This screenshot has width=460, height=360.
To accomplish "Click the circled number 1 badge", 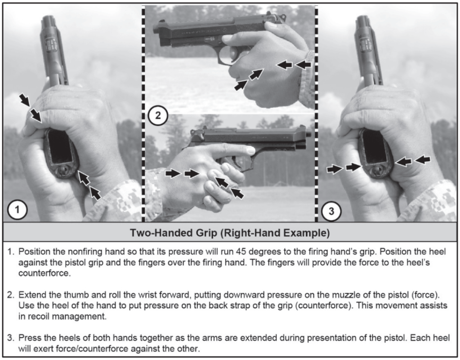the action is click(x=18, y=209).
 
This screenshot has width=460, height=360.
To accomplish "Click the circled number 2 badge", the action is click(x=158, y=115).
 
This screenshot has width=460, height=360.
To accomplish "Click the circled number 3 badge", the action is click(x=331, y=211).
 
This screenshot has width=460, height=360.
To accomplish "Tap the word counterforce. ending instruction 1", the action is click(x=45, y=273).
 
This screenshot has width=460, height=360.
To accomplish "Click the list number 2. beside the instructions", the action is click(x=11, y=295).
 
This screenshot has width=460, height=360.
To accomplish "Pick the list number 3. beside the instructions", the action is click(x=11, y=338).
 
